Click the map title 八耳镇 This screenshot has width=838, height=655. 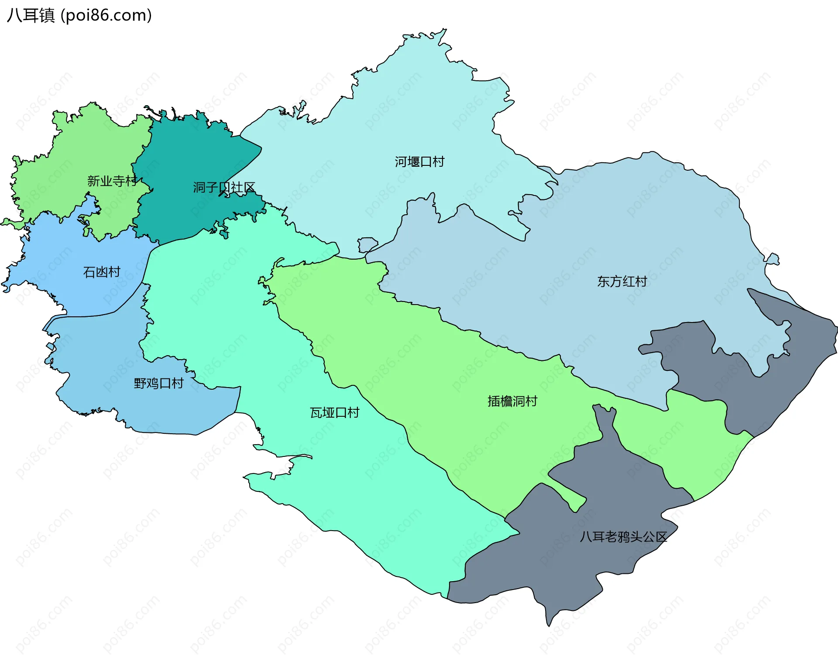[x=31, y=15]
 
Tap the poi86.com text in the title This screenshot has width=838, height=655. [x=106, y=15]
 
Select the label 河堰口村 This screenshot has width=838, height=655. [x=419, y=162]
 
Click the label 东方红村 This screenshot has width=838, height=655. [x=622, y=281]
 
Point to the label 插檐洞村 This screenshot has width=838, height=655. [x=512, y=401]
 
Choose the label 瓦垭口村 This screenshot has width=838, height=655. [x=334, y=412]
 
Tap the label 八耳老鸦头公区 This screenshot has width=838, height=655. [x=623, y=537]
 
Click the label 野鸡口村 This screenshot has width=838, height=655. [x=158, y=384]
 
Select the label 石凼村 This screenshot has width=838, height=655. [x=102, y=272]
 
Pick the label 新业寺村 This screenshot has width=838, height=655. [x=112, y=181]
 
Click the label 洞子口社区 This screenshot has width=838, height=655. [x=224, y=188]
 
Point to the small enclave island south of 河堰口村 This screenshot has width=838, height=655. [x=367, y=244]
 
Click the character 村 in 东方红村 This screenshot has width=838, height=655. [x=641, y=281]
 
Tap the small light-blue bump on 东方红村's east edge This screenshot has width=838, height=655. [x=773, y=259]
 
